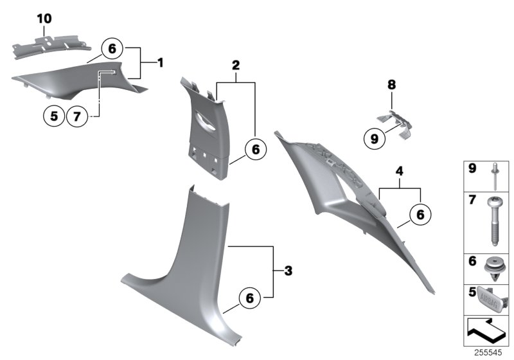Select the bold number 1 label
(x=160, y=63)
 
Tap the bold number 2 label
(x=236, y=65)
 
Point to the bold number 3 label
(x=288, y=271)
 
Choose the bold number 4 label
(x=399, y=172)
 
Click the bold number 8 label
(x=390, y=84)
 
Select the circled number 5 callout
(x=54, y=116)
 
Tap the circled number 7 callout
(x=76, y=116)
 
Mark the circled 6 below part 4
(x=420, y=215)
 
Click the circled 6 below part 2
(x=255, y=149)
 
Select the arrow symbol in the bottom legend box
(x=486, y=332)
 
